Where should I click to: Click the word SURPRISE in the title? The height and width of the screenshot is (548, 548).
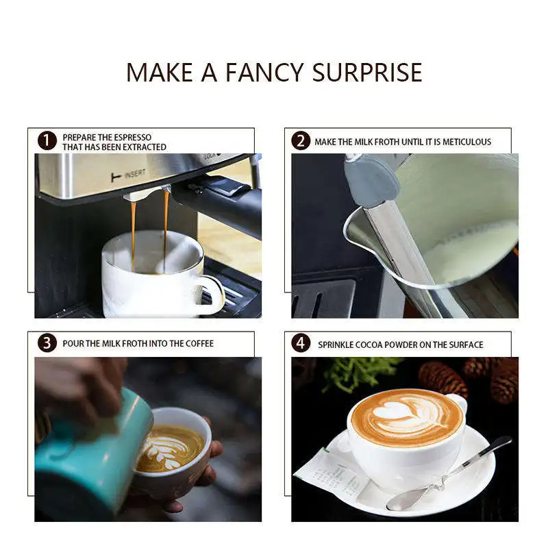point(366,73)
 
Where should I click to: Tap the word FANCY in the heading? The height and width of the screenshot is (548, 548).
point(264,73)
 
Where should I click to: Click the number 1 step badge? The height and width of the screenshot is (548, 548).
point(47,141)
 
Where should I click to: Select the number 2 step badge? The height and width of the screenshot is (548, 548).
point(301,141)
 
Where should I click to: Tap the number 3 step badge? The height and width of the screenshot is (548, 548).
point(47,343)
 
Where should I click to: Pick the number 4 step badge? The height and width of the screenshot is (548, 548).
point(301,343)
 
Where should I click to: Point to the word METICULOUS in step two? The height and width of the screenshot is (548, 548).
point(466,142)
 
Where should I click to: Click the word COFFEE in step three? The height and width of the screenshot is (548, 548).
point(199,344)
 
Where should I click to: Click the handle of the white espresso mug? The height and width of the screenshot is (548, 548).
point(212,295)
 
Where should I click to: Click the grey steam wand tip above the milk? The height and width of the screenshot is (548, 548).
point(371,181)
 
